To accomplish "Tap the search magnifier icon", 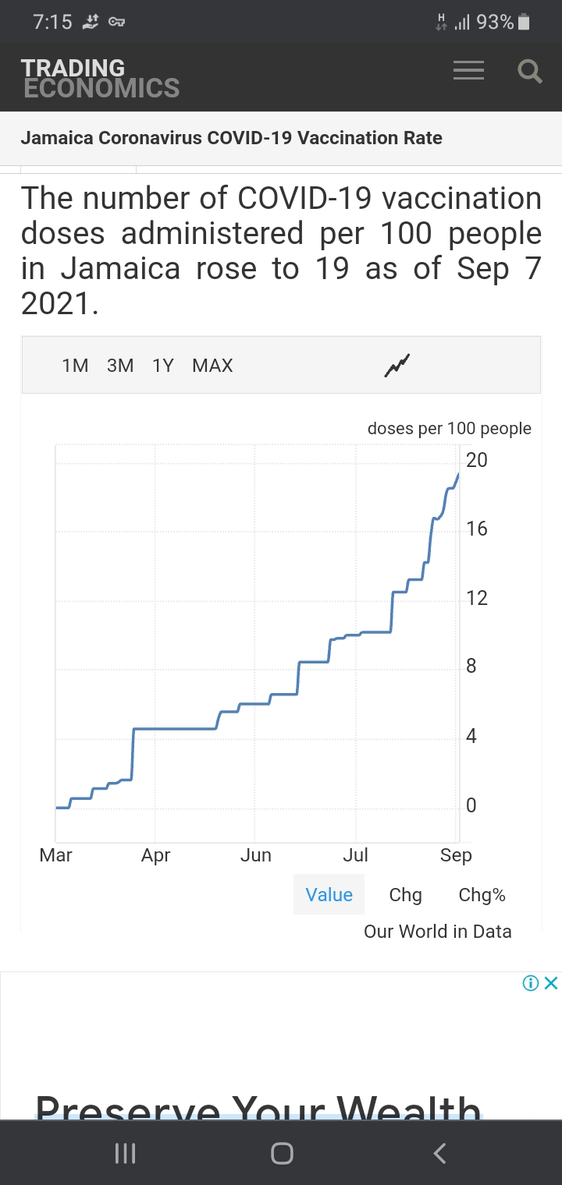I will click(x=530, y=72).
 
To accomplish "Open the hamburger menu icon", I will click(x=468, y=71).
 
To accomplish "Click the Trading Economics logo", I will click(x=100, y=78).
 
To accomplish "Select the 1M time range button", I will click(x=75, y=366).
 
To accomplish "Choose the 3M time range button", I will click(x=120, y=366).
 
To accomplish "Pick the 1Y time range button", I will click(x=163, y=366).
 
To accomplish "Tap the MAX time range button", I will click(x=212, y=366).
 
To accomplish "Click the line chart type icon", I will click(x=397, y=365).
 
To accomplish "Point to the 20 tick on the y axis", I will click(x=476, y=460).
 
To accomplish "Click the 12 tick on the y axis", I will click(x=476, y=598).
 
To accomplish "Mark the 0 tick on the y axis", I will click(x=471, y=805).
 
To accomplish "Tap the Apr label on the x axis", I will click(x=155, y=855).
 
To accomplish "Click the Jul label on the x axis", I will click(x=355, y=855).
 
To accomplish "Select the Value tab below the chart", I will click(x=329, y=895).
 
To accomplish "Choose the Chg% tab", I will click(x=482, y=895).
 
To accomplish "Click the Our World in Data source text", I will click(x=437, y=932).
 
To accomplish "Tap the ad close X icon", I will click(x=551, y=983).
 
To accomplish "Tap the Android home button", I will click(x=282, y=1153).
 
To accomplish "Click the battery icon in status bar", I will click(x=524, y=23).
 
